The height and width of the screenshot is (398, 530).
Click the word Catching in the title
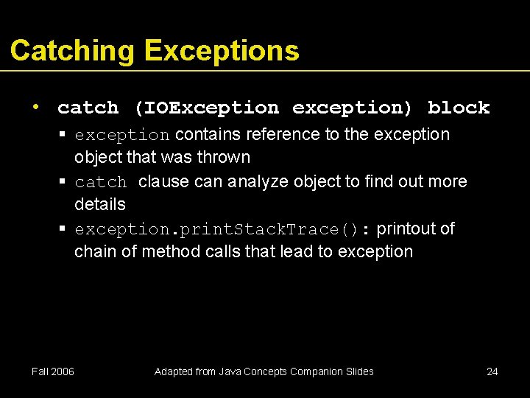(72, 51)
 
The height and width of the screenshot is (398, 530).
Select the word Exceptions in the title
(222, 51)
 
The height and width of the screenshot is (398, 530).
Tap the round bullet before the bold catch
(35, 107)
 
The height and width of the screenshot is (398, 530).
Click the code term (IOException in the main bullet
(206, 108)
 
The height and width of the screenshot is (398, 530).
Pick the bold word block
(459, 108)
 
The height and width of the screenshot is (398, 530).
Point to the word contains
(207, 135)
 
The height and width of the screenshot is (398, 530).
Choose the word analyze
(257, 181)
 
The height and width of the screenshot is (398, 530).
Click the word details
(100, 204)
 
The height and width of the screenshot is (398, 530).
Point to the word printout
(406, 228)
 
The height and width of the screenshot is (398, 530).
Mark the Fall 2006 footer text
(53, 371)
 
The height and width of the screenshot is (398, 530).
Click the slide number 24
(492, 371)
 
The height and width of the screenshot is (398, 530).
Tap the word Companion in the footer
(320, 371)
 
